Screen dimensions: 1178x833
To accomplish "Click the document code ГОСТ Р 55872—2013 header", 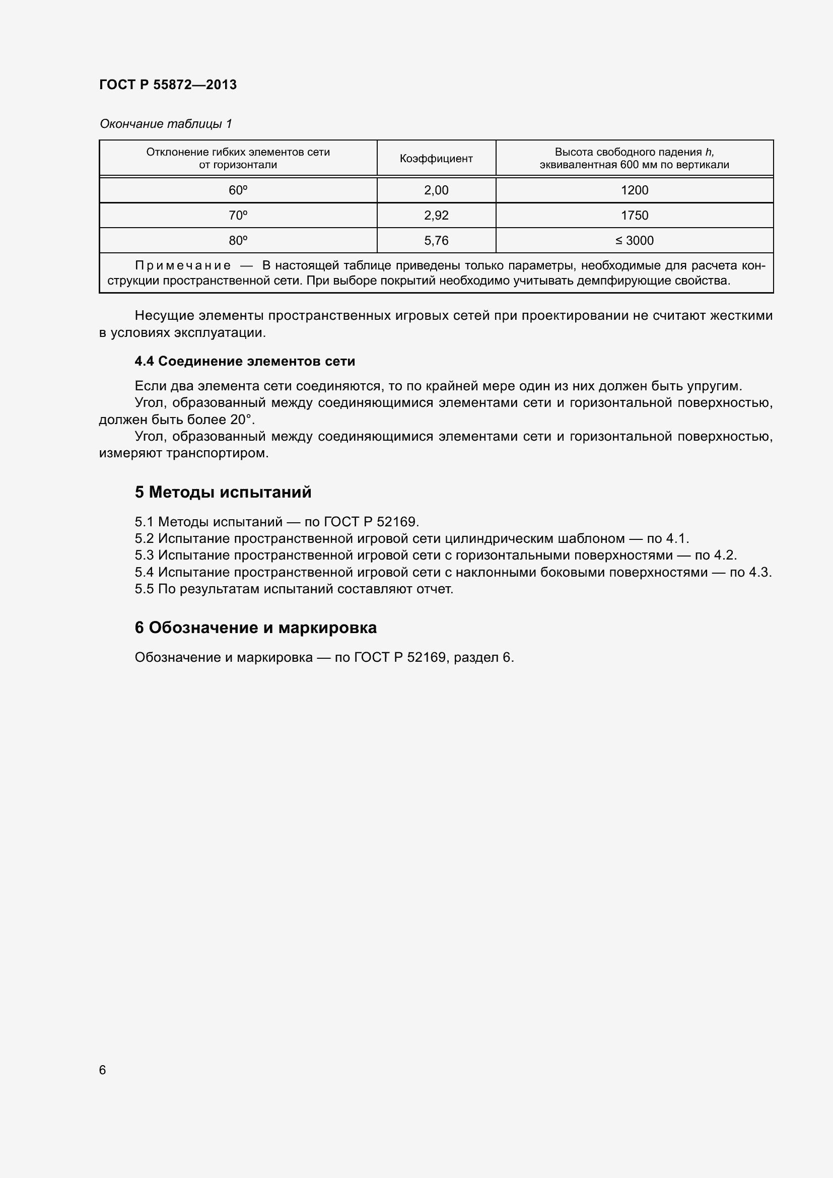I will pos(168,85).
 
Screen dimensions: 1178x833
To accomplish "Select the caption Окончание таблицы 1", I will pos(166,124).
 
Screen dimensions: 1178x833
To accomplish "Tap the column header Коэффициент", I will pos(436,159).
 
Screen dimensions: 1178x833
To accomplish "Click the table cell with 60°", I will pos(238,190).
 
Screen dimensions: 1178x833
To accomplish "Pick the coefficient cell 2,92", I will pos(436,216).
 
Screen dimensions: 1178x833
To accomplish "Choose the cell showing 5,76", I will pos(436,241).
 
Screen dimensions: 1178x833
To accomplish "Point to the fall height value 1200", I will pos(635,190).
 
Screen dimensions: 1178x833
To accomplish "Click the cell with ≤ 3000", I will pos(635,241).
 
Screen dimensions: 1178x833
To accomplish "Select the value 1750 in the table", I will pos(635,216).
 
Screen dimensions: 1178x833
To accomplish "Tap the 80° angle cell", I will pos(238,241).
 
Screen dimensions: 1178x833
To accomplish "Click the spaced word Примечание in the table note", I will pos(183,266).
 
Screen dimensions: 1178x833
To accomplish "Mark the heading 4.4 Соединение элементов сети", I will pos(245,361).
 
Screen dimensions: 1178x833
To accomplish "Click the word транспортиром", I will pos(217,454).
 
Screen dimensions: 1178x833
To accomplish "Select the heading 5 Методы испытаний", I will pos(223,493).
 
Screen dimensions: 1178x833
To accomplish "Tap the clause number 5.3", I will pos(144,555).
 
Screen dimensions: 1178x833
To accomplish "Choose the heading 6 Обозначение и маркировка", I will pos(255,628).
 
